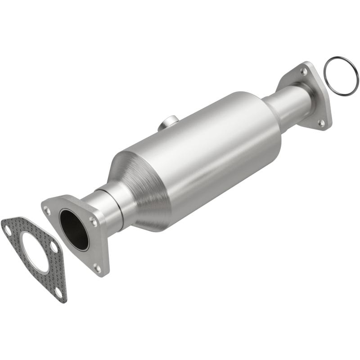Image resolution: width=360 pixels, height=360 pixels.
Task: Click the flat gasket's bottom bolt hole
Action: [58, 292]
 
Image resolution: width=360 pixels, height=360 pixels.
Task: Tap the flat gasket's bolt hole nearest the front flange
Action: [54, 247]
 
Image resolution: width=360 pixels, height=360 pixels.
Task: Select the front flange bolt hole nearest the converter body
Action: [93, 220]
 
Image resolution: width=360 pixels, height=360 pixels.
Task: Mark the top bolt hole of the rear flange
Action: [304, 71]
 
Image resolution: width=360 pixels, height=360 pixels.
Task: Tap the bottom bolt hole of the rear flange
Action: [321, 122]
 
